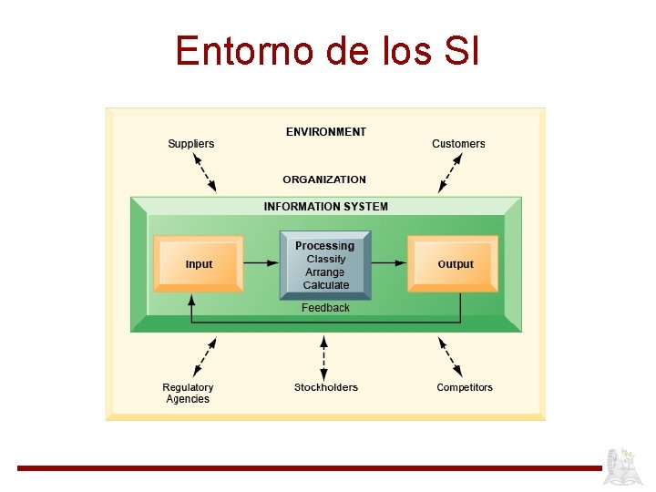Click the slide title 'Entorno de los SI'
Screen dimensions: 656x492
(327, 50)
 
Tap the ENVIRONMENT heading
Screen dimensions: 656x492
(326, 132)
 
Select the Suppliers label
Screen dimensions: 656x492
(191, 144)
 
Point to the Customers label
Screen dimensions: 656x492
(458, 144)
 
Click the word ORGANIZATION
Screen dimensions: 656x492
(324, 179)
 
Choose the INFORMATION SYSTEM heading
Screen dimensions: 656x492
(325, 207)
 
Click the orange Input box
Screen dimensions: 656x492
(199, 264)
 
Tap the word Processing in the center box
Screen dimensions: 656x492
(325, 246)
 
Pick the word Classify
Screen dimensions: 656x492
(326, 259)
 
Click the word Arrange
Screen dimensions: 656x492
(325, 272)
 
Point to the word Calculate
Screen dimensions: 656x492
(326, 285)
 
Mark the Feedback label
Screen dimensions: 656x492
(325, 308)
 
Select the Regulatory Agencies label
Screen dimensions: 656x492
(188, 394)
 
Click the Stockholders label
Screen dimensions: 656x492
(326, 387)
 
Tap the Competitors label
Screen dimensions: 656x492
(465, 387)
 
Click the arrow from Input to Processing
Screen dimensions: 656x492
(261, 263)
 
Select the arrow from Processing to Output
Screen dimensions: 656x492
(389, 263)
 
